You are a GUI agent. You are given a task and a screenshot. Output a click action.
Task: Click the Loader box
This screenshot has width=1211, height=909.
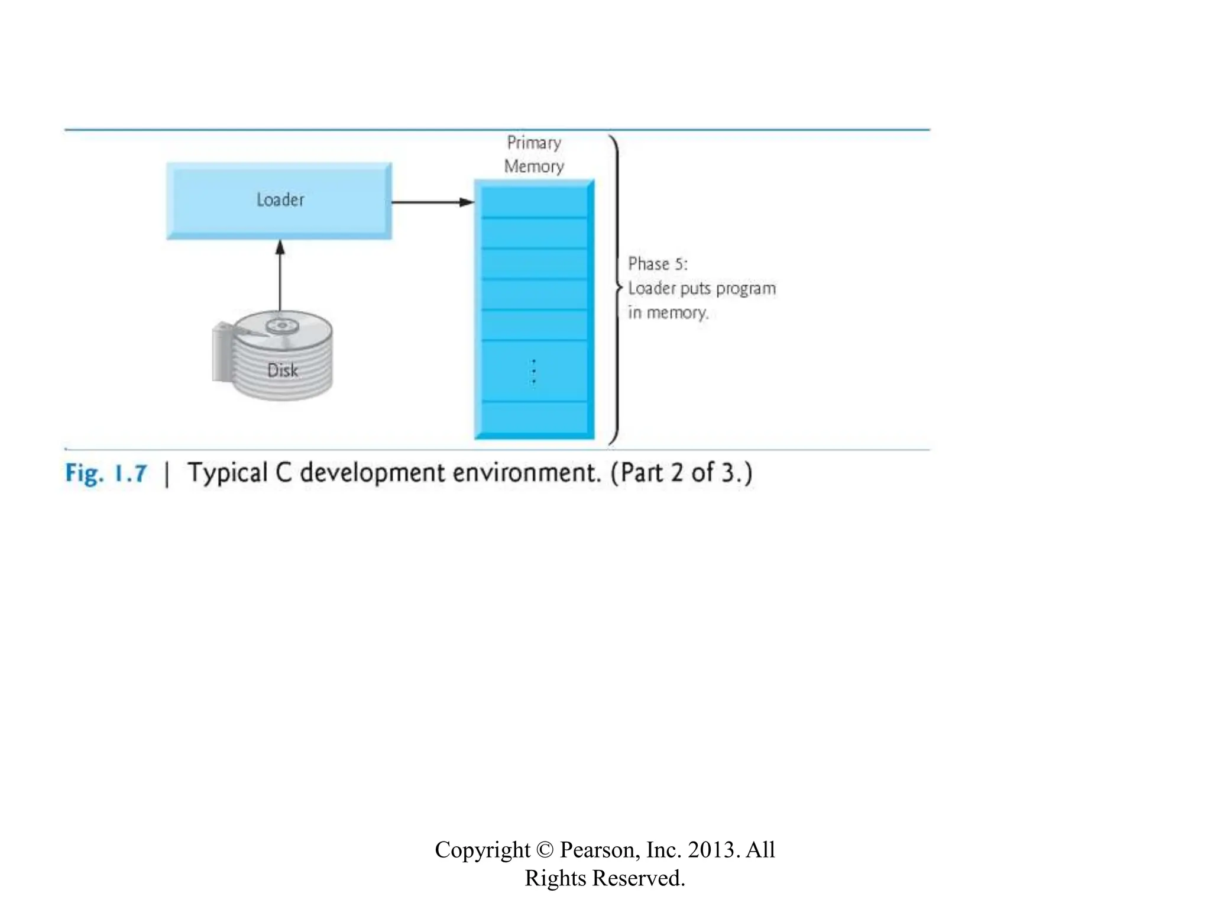coord(279,201)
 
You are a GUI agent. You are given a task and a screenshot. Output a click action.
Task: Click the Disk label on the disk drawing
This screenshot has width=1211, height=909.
coord(283,370)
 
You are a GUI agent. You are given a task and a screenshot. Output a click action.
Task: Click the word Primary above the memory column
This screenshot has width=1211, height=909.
coord(534,143)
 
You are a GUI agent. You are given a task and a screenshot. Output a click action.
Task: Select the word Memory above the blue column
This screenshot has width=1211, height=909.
coord(534,166)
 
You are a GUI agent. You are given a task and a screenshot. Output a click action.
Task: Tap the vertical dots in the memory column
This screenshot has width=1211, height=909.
coord(534,371)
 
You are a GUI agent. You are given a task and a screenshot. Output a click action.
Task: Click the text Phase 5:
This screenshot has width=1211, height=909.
coord(658,264)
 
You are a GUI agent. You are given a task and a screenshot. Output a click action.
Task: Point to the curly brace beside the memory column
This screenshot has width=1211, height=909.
coord(617,288)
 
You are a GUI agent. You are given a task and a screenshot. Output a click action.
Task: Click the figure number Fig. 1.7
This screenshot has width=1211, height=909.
coord(106,473)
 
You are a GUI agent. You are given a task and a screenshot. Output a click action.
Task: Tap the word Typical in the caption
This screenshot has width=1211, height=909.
coord(228,473)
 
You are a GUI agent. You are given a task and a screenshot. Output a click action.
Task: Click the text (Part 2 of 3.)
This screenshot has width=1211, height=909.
coord(682,473)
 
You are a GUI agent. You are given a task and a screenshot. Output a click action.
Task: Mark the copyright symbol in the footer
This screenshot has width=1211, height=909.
coord(545,850)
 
